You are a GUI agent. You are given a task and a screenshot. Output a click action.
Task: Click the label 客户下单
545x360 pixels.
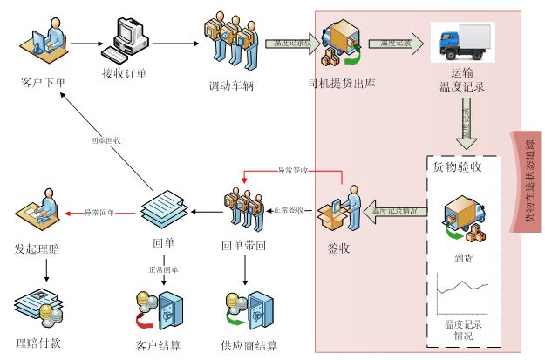[43, 84]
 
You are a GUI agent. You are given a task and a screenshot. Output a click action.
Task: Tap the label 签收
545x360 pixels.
[338, 248]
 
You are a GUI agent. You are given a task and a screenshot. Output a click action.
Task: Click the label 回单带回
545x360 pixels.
[243, 247]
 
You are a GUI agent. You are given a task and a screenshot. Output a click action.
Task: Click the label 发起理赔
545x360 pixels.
[37, 248]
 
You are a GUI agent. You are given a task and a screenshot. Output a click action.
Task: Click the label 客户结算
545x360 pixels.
[158, 346]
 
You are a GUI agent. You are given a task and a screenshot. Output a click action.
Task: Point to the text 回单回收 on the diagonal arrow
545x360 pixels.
[106, 139]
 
